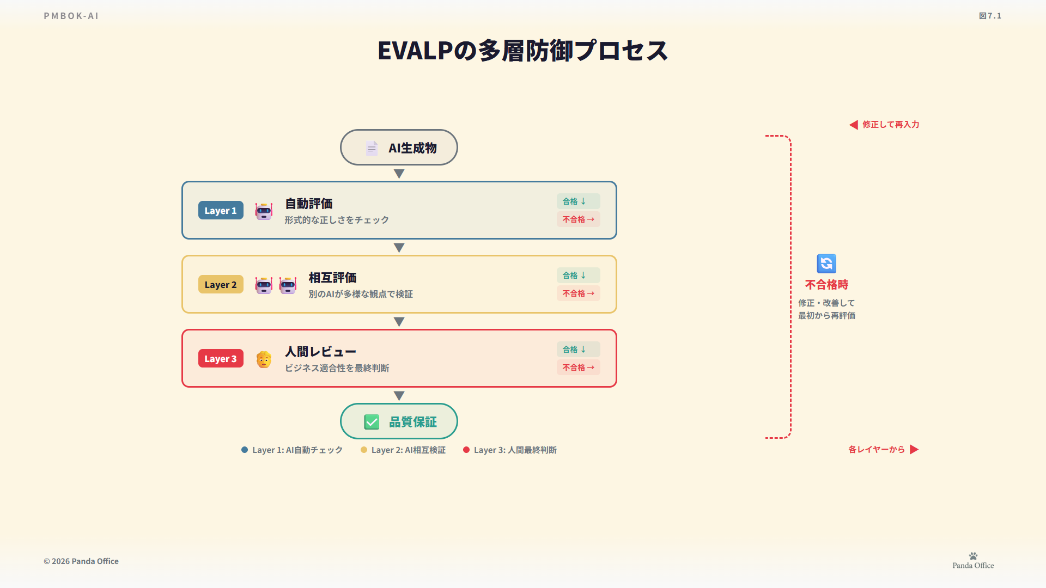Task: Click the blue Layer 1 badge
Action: coord(221,211)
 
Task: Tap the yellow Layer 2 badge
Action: coord(221,285)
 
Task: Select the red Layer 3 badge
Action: coord(221,359)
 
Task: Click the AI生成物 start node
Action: coord(399,148)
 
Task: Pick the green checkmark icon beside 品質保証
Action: coord(372,422)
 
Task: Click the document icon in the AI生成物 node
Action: coord(372,148)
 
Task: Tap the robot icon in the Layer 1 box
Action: coord(264,211)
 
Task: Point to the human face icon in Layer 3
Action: coord(264,359)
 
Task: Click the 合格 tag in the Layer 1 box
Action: coord(578,201)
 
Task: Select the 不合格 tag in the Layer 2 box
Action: coord(578,293)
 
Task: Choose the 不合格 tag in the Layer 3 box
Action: coord(578,367)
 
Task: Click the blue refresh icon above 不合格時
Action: coord(826,264)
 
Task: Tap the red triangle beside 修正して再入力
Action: coord(854,125)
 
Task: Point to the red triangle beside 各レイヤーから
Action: coord(914,450)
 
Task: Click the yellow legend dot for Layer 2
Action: coord(364,450)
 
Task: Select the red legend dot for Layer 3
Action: coord(466,450)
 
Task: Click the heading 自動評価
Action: coord(309,204)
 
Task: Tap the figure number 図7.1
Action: coord(990,16)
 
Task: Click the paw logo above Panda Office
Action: coord(973,556)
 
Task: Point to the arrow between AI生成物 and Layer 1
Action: coord(399,174)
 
